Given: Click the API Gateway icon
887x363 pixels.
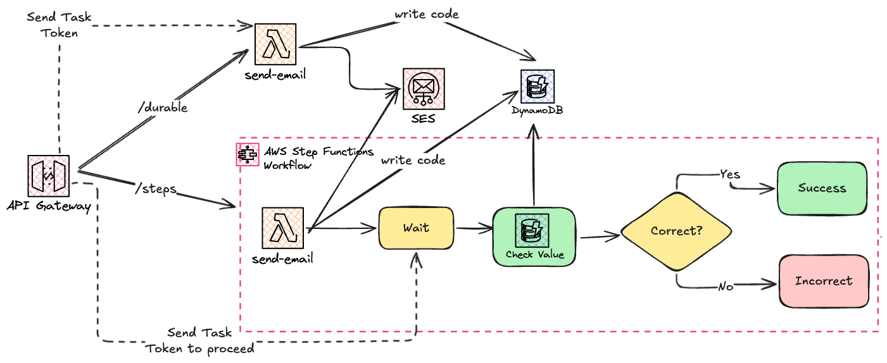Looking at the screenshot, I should coord(49,175).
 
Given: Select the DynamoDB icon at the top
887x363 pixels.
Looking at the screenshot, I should coord(537,87).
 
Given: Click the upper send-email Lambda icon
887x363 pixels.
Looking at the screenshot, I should coord(275,44).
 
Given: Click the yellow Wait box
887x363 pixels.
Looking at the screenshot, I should coord(416,228).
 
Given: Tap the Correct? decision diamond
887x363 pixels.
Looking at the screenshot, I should coord(676,231).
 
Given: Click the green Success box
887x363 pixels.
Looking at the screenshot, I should coord(822,188).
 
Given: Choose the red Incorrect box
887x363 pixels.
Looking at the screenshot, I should coord(823,281).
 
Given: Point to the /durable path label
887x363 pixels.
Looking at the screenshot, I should coord(163,108).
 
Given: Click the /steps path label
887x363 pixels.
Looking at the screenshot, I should coord(156,188).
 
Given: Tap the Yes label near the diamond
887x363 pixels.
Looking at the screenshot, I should coord(730,174).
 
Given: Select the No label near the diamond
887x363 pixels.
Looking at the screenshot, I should coord(726,286).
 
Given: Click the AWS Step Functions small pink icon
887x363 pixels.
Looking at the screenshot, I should coord(246,154).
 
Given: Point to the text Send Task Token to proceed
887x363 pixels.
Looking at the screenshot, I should coord(200,340).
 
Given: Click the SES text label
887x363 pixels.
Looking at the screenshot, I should coord(423,118).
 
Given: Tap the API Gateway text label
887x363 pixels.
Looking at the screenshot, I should coord(49,206).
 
